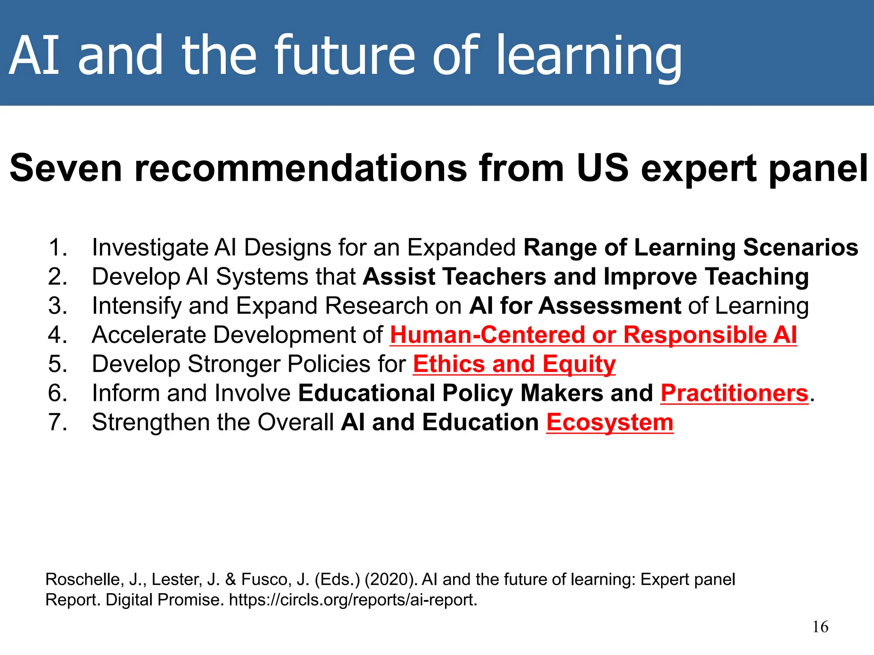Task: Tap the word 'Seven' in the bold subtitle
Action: click(65, 168)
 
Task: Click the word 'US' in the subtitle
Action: click(602, 168)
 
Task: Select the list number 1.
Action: click(58, 248)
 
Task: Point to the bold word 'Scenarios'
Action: click(800, 248)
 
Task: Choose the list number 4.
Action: click(58, 335)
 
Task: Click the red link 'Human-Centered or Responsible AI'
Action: click(593, 335)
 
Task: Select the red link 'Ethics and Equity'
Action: click(514, 364)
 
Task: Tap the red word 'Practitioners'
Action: click(734, 393)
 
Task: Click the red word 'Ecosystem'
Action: click(609, 422)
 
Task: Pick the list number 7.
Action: click(58, 422)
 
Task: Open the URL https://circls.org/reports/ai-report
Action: click(353, 600)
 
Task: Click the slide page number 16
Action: click(820, 627)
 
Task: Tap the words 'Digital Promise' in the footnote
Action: click(164, 600)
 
